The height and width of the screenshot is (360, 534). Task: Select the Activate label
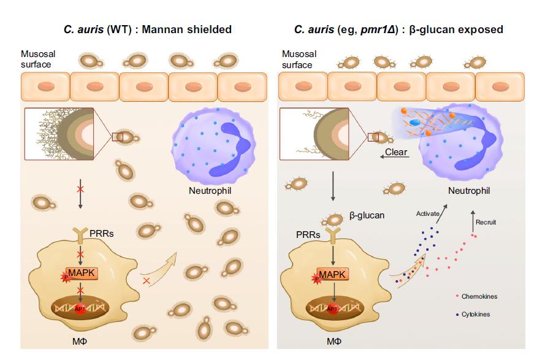429,213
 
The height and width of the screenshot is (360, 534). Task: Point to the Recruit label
486,222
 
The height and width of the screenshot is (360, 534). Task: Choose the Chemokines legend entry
480,296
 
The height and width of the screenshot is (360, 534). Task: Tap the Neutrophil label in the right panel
469,191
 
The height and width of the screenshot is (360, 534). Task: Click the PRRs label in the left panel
102,233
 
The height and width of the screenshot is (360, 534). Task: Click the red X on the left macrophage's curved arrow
146,280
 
